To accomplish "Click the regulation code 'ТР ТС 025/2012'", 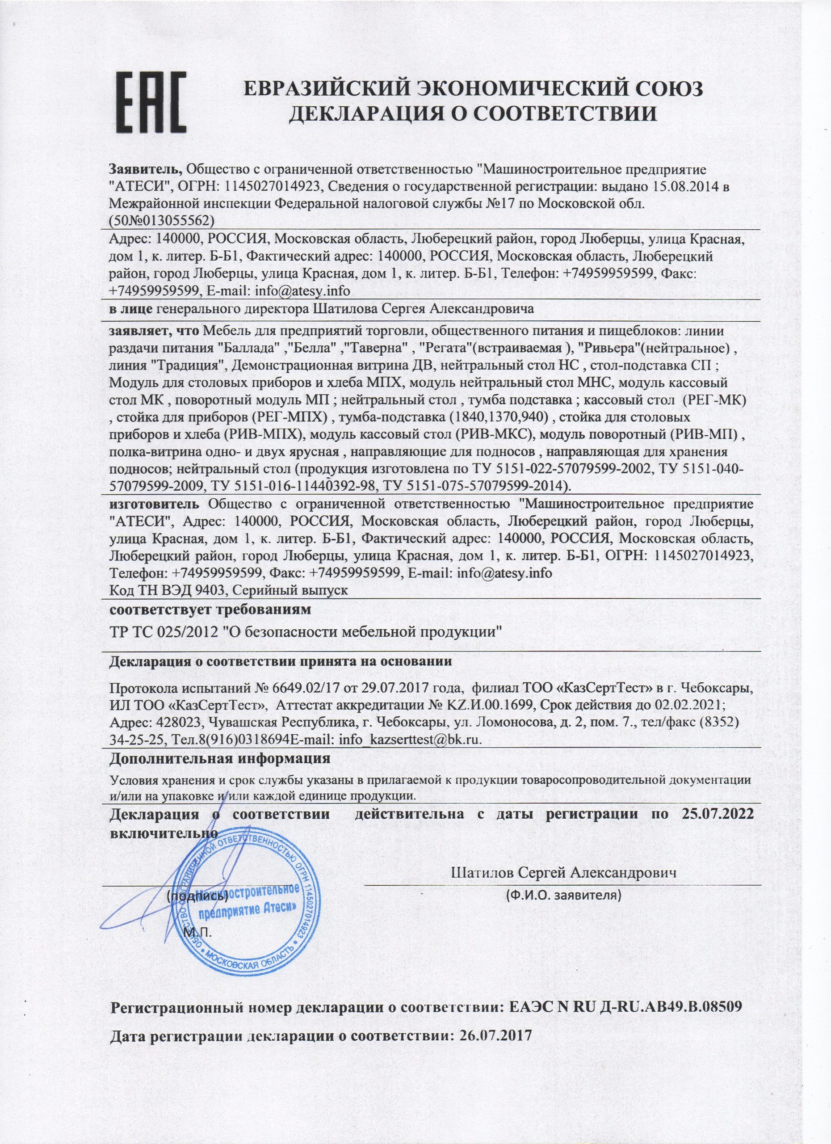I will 164,632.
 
